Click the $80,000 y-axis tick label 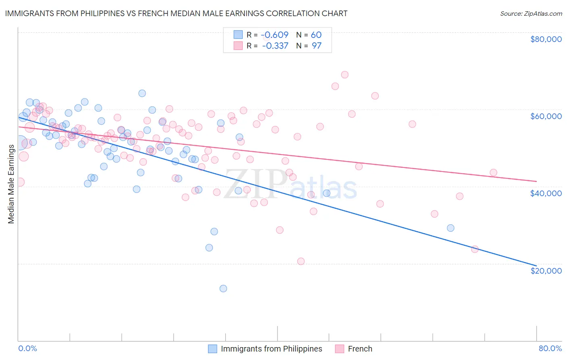point(546,39)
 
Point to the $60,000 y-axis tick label point(546,116)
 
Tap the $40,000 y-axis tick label point(546,193)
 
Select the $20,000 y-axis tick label point(546,270)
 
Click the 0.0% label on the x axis point(27,348)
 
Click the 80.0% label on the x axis point(550,348)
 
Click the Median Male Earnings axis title point(11,184)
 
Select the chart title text point(176,13)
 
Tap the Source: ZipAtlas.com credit point(531,13)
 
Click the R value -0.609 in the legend point(275,35)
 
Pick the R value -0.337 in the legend point(275,46)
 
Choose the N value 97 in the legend point(317,46)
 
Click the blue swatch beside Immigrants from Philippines point(213,349)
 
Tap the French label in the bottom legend point(360,349)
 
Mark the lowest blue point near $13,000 point(223,289)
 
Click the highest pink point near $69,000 point(344,75)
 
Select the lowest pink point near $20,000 point(300,261)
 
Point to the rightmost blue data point point(450,228)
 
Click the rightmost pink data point point(493,173)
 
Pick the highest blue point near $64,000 point(142,93)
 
